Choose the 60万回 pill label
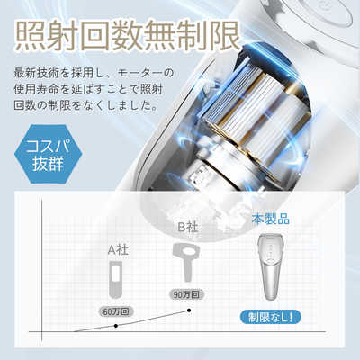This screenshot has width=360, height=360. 114,310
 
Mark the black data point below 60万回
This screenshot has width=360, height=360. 114,325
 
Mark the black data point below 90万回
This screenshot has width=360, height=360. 189,310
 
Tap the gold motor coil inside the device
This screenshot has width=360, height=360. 253,99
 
